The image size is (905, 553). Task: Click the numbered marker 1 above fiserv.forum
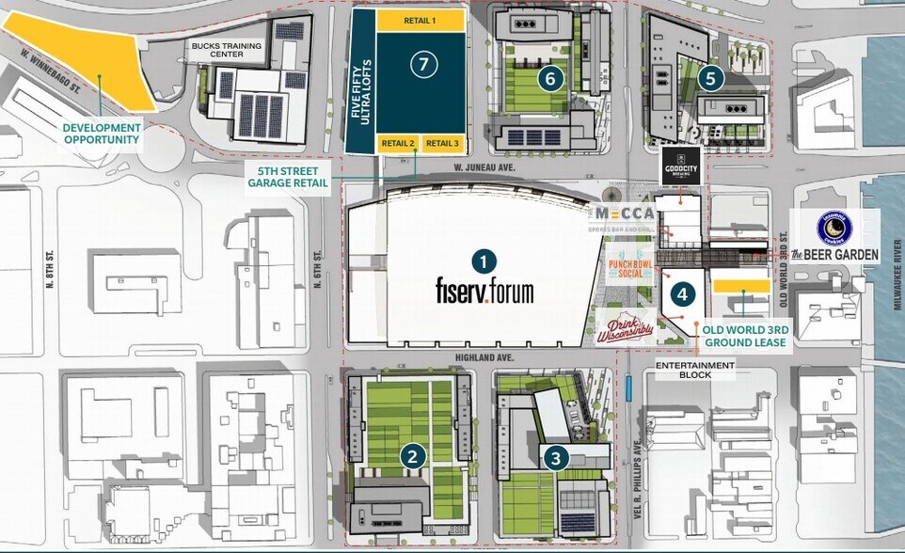click(x=483, y=261)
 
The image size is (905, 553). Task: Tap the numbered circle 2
click(x=411, y=456)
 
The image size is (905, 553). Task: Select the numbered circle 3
click(x=556, y=458)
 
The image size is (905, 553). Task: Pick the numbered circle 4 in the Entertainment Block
click(x=682, y=293)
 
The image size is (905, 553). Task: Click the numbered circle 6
click(x=549, y=79)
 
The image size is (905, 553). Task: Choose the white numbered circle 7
click(x=424, y=64)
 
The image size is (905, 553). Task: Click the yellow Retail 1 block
click(x=420, y=20)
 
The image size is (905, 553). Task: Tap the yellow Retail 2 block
click(x=398, y=143)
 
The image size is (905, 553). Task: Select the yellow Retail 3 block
click(x=442, y=143)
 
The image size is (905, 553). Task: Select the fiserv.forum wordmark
click(x=484, y=290)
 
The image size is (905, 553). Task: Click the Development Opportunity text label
click(x=103, y=134)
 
